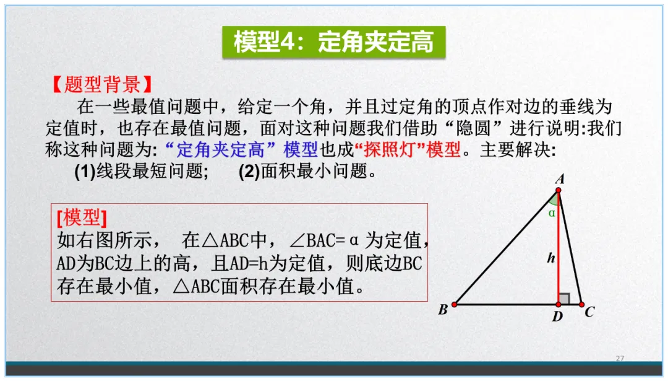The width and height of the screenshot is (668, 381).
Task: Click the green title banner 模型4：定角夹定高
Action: coord(333,42)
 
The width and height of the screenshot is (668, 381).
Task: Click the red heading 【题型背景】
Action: coord(101,85)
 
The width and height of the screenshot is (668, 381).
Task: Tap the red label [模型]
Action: coord(82,217)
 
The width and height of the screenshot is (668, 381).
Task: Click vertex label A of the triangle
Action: coord(560,180)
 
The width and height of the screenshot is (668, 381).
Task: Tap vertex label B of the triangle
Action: coord(443,310)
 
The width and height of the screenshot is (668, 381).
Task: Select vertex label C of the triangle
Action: coord(589,312)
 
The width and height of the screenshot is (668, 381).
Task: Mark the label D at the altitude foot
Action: coord(557,317)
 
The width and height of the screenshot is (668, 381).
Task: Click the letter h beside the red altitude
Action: coord(550,258)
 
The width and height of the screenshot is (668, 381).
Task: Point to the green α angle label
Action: coord(552,212)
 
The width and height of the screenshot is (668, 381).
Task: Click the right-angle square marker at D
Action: coord(563,299)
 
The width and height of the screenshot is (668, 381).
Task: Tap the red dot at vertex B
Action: coord(454,304)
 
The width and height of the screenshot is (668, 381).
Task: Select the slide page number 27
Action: coord(620,359)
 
